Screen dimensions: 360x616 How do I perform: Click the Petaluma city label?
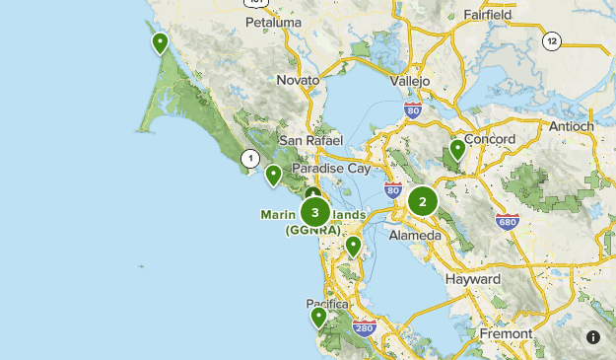click(271, 21)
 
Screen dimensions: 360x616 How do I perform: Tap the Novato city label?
click(298, 80)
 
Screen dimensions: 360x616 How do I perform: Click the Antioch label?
click(571, 126)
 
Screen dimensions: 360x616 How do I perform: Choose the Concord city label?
click(489, 139)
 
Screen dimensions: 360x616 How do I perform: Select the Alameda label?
click(415, 236)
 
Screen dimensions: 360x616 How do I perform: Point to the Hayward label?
click(473, 279)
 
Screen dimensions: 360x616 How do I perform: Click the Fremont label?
click(507, 334)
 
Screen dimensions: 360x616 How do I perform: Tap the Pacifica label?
click(327, 304)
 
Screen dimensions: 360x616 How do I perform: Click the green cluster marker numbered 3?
click(315, 211)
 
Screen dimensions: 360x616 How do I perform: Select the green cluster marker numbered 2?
click(423, 202)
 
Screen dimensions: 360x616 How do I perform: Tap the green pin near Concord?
click(457, 150)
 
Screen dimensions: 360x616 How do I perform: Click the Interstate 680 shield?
click(508, 222)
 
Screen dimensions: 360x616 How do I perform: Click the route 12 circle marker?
click(552, 40)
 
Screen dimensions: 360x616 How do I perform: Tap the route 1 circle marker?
click(250, 158)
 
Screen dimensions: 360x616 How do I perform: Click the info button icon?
click(593, 337)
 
